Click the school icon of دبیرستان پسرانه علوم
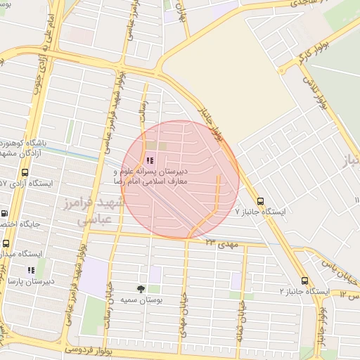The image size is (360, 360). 149,160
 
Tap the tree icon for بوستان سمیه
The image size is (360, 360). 141,289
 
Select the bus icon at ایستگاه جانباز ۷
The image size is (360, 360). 261,200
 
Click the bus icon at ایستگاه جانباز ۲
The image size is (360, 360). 304,280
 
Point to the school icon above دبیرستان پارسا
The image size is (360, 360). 30,269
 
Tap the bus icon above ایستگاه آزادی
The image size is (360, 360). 25,172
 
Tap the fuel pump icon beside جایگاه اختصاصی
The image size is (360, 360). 5,214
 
